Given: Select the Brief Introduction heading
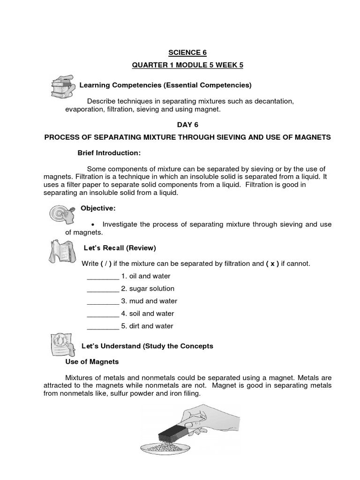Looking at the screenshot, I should coord(109,153).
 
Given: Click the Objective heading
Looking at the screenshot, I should coord(98,208).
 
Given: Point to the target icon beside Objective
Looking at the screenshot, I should coord(61,213).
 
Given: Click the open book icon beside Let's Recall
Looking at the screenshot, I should coord(60,250).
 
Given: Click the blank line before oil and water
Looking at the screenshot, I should coord(103,277).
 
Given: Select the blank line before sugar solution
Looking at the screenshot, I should coord(103,289).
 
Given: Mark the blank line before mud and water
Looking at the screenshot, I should coord(103,302).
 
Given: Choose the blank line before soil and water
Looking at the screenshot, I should coord(103,314).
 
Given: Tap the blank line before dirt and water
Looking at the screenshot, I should coord(103,327).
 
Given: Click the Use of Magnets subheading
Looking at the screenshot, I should coord(92,362).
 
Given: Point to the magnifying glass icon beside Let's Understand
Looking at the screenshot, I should coord(61,346).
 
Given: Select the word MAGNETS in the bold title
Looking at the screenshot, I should coord(313,137).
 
